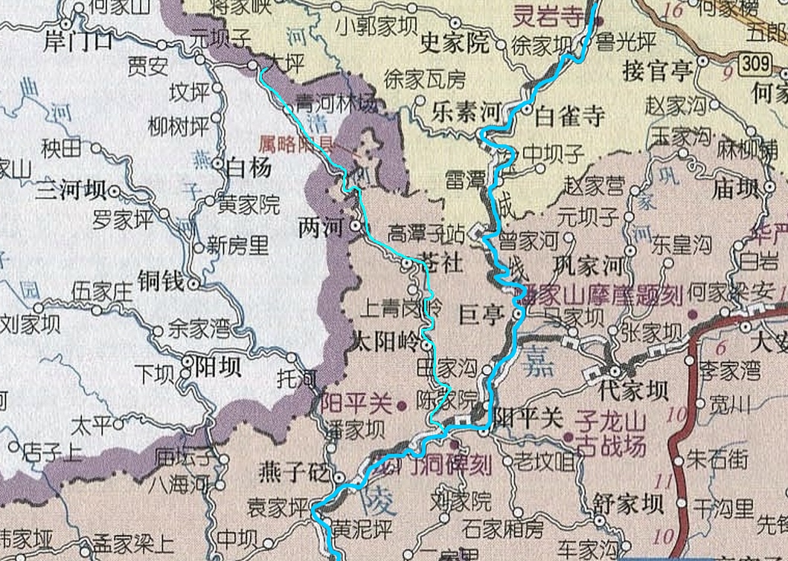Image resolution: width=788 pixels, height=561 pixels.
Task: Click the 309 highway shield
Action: (755, 65)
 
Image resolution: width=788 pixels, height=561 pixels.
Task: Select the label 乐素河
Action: (466, 113)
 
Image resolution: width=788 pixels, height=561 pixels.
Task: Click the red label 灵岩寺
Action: (551, 15)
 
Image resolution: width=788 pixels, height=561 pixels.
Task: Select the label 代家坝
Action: (632, 390)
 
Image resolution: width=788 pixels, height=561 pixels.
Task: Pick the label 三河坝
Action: (71, 191)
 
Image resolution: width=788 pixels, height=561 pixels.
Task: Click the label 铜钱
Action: (160, 280)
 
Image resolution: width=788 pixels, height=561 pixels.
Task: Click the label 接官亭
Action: (658, 72)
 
